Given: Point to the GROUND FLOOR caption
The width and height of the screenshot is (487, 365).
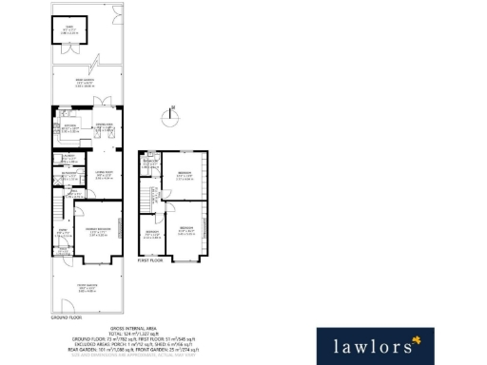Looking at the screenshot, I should tap(63, 317).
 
